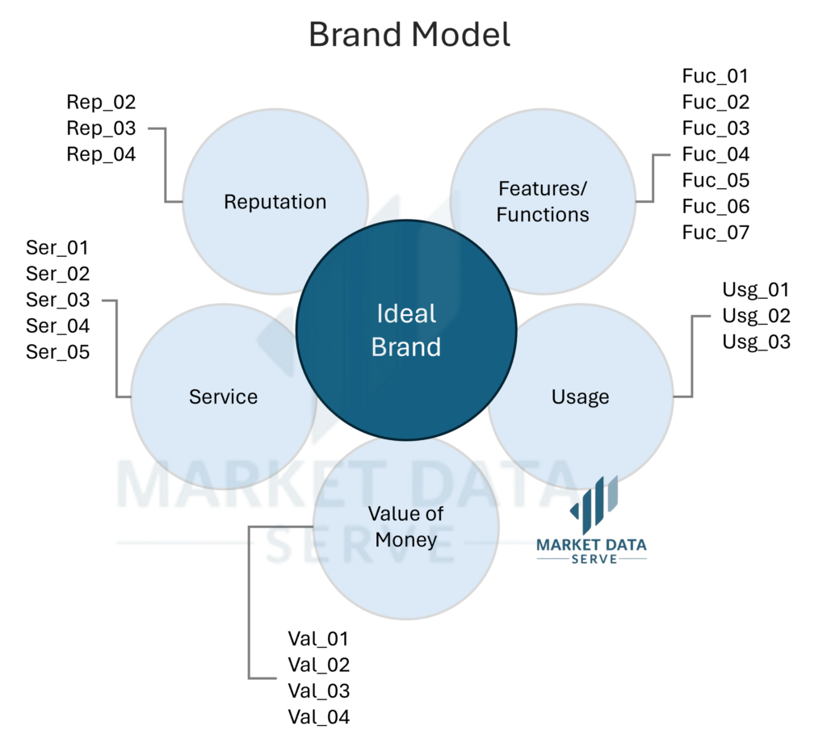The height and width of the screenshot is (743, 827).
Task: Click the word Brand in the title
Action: click(x=355, y=36)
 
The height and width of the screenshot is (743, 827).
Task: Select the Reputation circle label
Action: click(x=275, y=202)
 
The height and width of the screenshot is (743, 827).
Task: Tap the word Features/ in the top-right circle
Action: click(x=543, y=189)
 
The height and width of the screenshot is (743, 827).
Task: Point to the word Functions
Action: click(x=543, y=215)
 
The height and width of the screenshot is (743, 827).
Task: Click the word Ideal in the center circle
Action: click(x=406, y=313)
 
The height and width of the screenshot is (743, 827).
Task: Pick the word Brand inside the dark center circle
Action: click(x=406, y=347)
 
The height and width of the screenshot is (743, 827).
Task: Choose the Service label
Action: click(x=224, y=397)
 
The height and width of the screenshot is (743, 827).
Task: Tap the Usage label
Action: click(x=580, y=397)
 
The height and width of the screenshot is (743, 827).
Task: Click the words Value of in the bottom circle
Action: click(x=406, y=514)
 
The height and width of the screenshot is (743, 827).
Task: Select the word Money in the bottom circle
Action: click(x=406, y=539)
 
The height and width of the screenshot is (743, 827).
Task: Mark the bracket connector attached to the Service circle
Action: click(x=117, y=347)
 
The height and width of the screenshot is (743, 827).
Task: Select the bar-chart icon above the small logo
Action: click(x=598, y=497)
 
